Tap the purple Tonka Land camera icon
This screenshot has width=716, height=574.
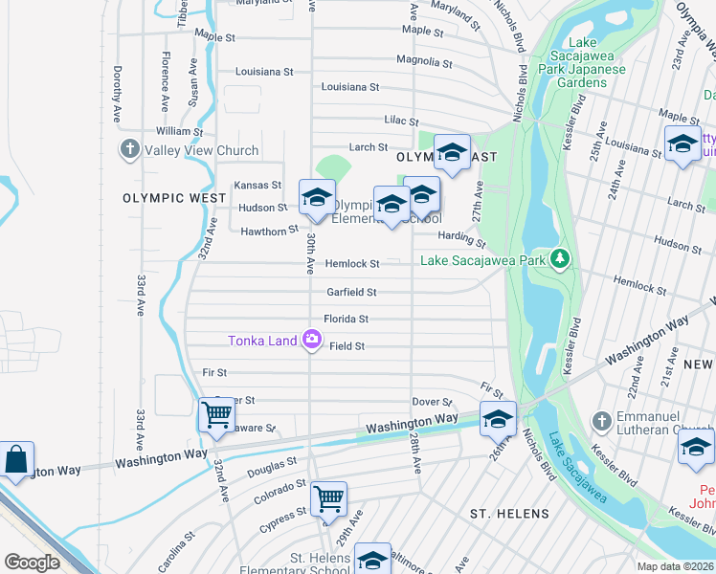311,340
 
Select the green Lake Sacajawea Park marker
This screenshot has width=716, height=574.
561,260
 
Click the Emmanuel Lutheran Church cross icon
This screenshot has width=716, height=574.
601,421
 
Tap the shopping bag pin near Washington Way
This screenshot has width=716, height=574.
16,458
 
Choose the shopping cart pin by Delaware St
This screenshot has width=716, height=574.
216,415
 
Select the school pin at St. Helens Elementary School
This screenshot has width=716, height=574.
372,560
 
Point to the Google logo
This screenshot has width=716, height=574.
33,563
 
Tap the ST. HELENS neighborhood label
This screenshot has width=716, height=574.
510,514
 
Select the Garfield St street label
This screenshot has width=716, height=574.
351,292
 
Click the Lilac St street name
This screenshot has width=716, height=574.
401,121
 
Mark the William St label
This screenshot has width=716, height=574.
180,131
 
